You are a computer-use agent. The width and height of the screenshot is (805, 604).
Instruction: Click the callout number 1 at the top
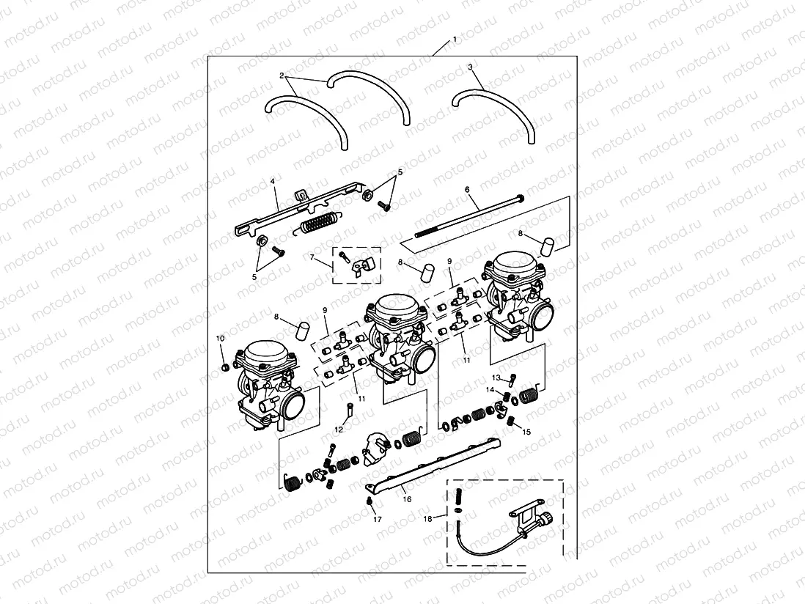[455, 38]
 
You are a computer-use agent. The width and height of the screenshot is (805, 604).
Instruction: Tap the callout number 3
[470, 67]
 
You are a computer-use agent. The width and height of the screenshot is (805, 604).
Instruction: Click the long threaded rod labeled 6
[469, 215]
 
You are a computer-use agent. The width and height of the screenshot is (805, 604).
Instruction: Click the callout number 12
[339, 430]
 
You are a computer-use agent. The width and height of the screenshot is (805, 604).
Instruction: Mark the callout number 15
[526, 432]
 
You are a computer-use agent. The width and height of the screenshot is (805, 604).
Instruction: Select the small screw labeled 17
[371, 501]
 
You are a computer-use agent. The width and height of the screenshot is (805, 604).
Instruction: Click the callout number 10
[219, 338]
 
